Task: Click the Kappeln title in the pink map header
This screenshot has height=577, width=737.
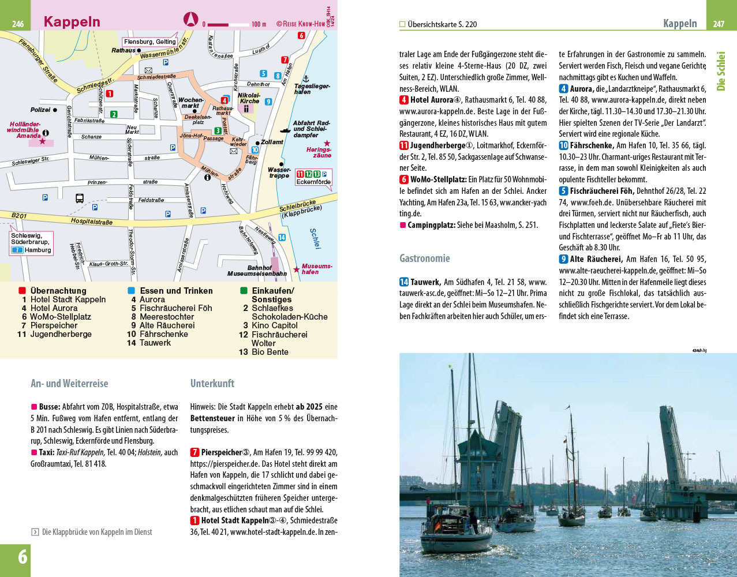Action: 72,22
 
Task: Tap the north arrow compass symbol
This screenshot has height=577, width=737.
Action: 190,20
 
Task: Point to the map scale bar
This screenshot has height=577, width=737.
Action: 229,24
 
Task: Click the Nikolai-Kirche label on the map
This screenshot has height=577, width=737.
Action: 250,98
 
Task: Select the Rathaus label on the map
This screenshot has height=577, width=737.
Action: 123,51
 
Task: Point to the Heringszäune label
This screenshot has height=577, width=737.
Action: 319,152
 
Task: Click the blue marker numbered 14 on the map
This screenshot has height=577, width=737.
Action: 282,237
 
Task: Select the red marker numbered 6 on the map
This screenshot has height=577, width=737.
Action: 301,35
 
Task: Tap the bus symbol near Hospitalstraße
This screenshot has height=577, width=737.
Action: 80,198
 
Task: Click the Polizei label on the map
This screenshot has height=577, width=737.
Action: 40,110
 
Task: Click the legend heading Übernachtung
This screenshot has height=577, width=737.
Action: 58,291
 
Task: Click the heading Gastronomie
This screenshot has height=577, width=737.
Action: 424,258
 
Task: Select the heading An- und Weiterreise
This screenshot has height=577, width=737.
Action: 69,383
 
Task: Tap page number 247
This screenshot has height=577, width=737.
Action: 719,24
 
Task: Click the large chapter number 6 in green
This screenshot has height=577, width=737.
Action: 22,557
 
